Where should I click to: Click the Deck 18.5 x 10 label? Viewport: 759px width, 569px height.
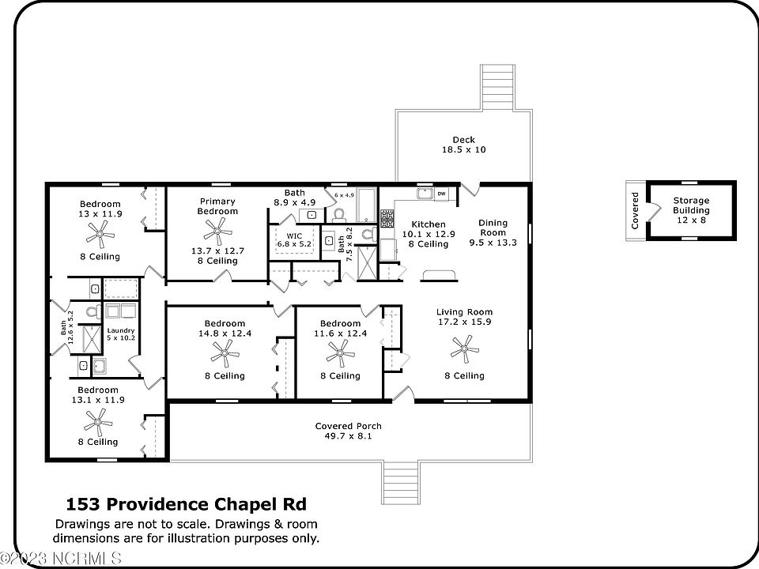pos(463,144)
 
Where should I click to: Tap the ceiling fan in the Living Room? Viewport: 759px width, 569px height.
pos(464,346)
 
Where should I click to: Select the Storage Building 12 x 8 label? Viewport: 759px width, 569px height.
pos(691,210)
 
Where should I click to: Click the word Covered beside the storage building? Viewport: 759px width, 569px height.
pos(635,210)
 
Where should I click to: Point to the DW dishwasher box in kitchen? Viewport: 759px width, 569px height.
pos(441,194)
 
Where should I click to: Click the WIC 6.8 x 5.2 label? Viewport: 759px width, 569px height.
pos(294,240)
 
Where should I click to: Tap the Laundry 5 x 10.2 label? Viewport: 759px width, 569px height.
pos(122,334)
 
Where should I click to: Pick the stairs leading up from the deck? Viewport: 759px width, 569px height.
pos(497,86)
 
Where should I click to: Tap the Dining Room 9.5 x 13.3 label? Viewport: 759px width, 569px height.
pos(493,233)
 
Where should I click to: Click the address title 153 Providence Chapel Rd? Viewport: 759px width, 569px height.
pos(186,504)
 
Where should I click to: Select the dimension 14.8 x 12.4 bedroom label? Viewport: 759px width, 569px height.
pos(225,334)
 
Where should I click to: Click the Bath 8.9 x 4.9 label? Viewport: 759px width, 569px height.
pos(294,198)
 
